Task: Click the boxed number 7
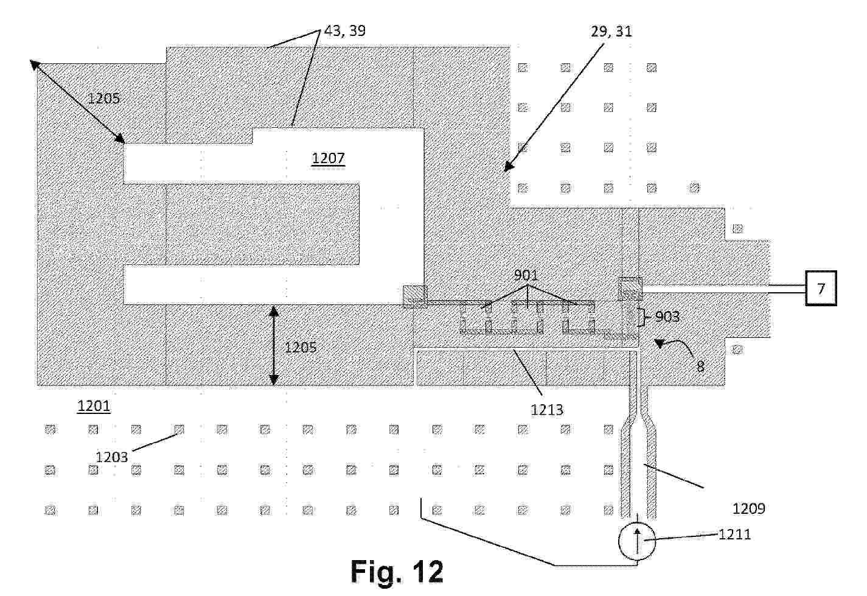tap(821, 289)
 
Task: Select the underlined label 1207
tap(328, 158)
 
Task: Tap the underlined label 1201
tap(94, 406)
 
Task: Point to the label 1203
tap(111, 457)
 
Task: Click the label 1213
tap(546, 409)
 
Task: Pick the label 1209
tap(748, 508)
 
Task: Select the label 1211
tap(734, 535)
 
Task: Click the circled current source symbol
tap(637, 542)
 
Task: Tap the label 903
tap(667, 317)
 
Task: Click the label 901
tap(526, 275)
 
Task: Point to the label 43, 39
tap(345, 30)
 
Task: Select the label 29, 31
tap(611, 32)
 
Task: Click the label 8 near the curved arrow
tap(700, 366)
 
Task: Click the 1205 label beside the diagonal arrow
tap(103, 99)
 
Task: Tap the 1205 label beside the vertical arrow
tap(301, 348)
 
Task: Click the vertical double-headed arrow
tap(274, 345)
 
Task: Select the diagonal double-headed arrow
tap(77, 102)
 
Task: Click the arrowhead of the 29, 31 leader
tap(508, 167)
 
